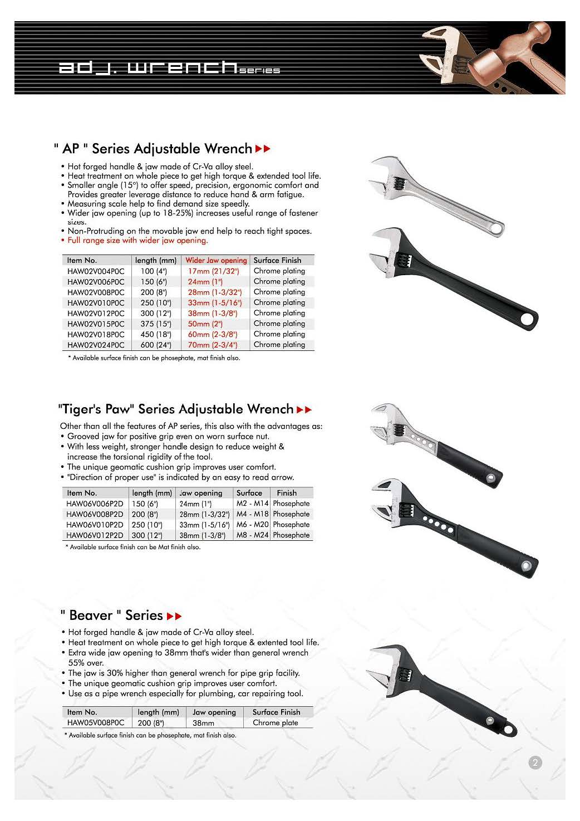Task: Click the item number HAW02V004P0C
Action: [96, 271]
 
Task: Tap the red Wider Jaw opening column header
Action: [216, 260]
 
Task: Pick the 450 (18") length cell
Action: [156, 334]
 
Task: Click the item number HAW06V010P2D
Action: [95, 525]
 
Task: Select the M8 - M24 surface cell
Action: [252, 535]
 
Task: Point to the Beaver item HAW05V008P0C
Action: [96, 723]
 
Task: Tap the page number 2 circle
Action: [535, 763]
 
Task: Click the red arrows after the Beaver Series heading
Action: [174, 616]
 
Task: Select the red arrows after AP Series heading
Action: [263, 149]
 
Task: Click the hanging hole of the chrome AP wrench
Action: [494, 228]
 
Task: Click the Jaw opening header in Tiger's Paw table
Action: [201, 493]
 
